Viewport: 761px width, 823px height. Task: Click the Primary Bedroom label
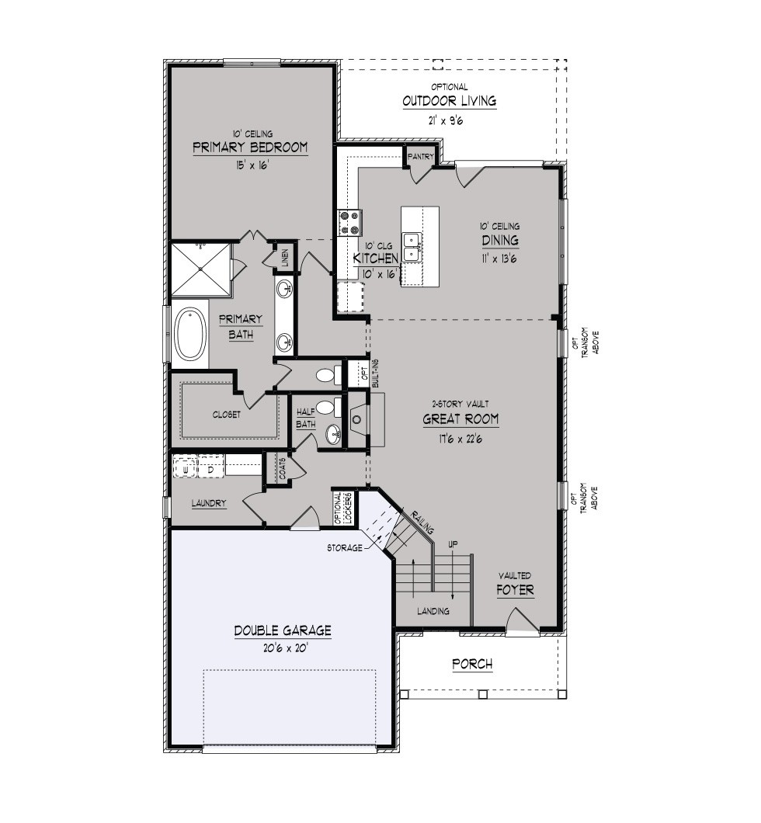250,147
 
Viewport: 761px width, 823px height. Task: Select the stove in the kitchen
350,223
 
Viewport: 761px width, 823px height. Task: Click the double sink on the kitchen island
412,247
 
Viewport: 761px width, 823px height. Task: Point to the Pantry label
420,156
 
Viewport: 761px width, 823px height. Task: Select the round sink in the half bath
333,434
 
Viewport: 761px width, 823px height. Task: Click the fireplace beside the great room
359,419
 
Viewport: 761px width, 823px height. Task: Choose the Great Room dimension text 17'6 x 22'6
460,439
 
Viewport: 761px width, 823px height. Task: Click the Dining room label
500,241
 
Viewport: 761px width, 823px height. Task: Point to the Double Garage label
283,630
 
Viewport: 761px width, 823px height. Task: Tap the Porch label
472,664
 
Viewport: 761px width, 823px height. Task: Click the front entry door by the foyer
522,622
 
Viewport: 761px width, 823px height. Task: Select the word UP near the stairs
453,545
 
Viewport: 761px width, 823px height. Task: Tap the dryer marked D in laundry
210,469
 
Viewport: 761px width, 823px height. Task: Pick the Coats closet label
283,468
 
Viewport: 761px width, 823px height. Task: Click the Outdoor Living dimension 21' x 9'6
446,120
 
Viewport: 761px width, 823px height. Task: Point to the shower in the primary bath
202,269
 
